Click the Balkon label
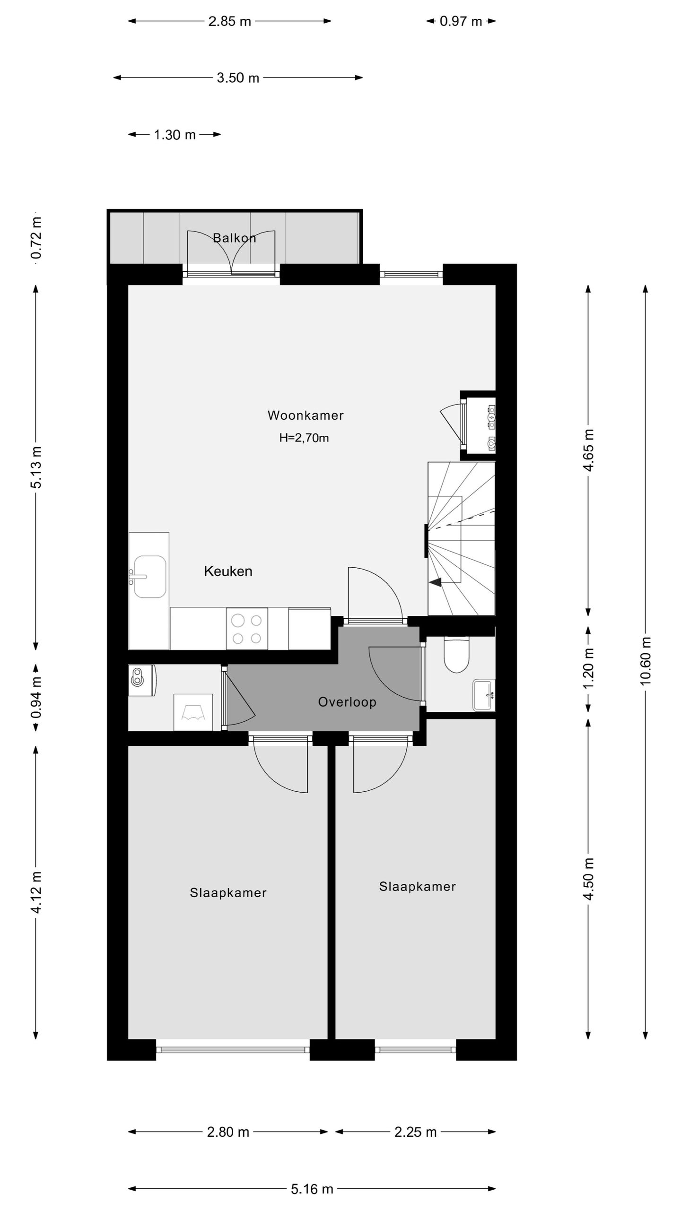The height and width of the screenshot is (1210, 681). pos(234,238)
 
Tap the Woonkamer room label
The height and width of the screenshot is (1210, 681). pos(306,415)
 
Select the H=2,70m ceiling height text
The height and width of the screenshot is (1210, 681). pos(304,438)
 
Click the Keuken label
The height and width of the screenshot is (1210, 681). pos(228,571)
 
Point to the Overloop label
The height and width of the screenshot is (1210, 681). pos(347,702)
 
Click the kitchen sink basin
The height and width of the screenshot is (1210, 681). pos(150,577)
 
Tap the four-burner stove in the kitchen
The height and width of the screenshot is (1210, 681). pos(247,628)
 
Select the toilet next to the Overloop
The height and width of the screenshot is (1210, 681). pos(456,655)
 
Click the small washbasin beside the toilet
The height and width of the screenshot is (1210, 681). pos(484,695)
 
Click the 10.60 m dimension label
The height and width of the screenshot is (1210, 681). pos(646,661)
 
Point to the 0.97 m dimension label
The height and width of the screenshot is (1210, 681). pos(461,21)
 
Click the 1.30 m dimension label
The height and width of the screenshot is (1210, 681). pos(175,135)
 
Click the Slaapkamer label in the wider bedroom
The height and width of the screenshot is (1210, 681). pos(228,893)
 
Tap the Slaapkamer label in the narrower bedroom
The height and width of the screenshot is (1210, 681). pos(417,887)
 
